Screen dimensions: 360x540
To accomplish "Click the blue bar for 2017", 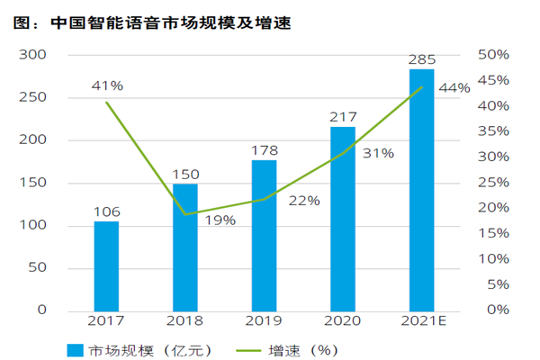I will click(106, 265).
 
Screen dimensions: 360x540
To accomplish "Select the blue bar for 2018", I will click(185, 247).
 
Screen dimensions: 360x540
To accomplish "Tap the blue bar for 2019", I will click(264, 235).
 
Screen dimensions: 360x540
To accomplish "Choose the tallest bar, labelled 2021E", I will click(421, 190).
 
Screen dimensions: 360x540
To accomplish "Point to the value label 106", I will click(106, 212).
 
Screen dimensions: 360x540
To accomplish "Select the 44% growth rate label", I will click(454, 88).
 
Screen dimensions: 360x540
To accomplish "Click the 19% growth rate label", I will click(220, 220).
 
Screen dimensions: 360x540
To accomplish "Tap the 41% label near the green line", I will click(107, 85).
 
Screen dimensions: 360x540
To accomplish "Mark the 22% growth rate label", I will click(304, 201).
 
